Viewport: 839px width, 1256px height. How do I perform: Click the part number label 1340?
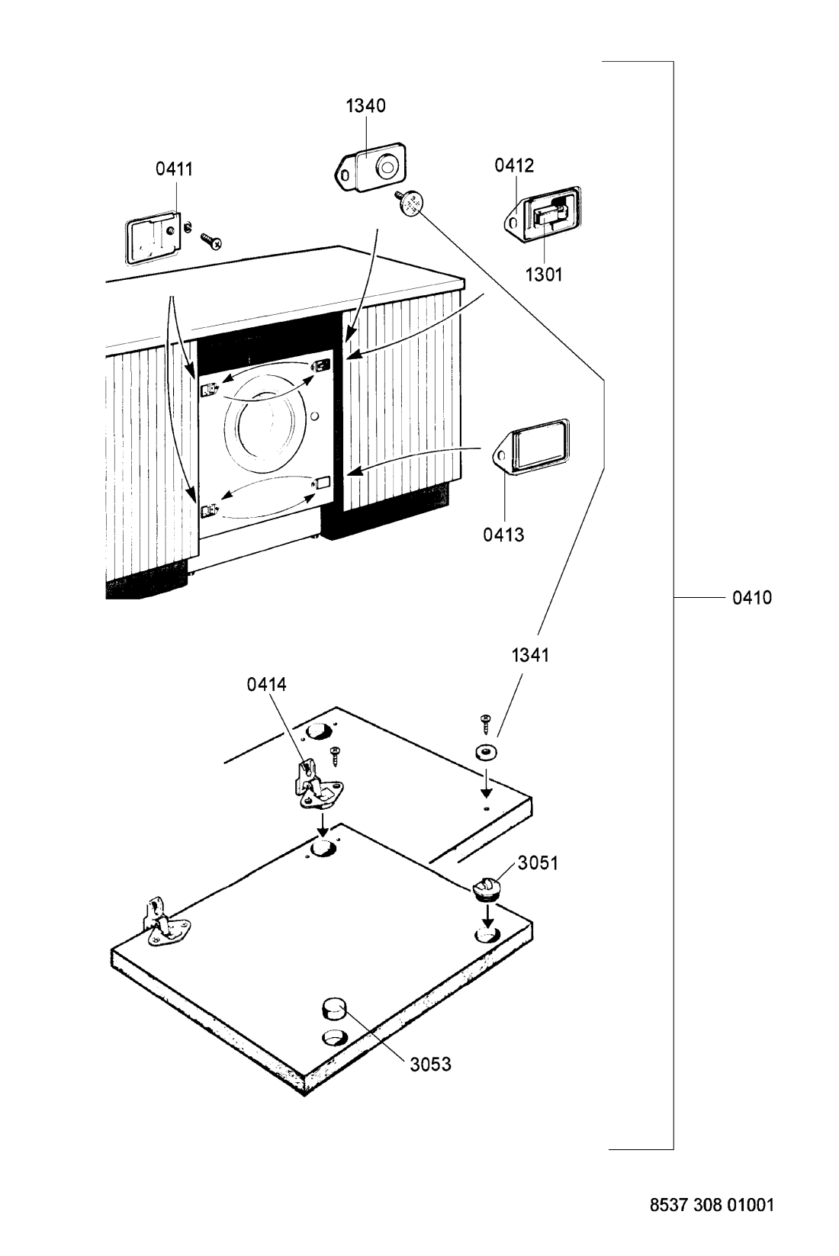click(x=365, y=105)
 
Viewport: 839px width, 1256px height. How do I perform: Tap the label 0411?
click(x=175, y=169)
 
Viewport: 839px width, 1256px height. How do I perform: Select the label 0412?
click(x=514, y=165)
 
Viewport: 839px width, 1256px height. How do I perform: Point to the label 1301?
click(x=543, y=275)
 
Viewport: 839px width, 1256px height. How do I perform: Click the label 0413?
click(x=503, y=535)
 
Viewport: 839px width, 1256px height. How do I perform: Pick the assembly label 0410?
click(x=752, y=598)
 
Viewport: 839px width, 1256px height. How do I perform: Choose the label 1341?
click(x=530, y=655)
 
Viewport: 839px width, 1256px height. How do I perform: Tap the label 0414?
click(x=266, y=684)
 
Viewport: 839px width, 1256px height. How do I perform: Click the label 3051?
click(x=538, y=863)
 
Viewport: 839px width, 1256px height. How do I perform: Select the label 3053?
click(x=430, y=1065)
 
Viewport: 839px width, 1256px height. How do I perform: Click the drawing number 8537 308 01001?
click(x=712, y=1204)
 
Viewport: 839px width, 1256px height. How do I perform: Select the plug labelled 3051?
click(x=486, y=888)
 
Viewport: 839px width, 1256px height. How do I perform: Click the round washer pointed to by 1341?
click(x=486, y=751)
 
